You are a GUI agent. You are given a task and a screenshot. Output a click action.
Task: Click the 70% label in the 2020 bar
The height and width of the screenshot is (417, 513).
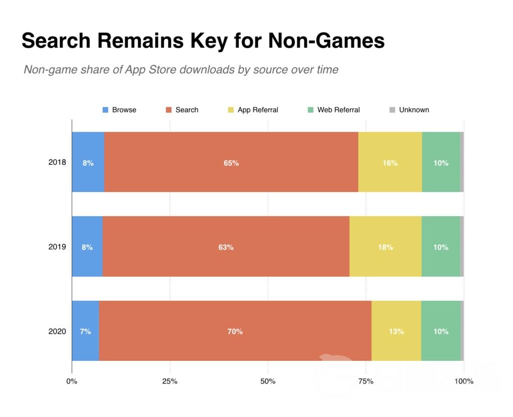pos(235,331)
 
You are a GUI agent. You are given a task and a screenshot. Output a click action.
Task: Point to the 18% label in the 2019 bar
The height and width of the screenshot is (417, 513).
pos(385,247)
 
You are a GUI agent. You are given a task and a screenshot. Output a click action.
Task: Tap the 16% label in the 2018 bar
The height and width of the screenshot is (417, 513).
pos(390,163)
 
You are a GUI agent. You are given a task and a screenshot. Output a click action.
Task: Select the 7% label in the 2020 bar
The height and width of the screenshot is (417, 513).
pos(85,331)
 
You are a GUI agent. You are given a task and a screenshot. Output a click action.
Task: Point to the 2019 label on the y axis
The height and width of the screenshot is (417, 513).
pos(57,247)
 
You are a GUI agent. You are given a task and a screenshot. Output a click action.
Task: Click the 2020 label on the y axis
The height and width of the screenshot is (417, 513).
pos(57,331)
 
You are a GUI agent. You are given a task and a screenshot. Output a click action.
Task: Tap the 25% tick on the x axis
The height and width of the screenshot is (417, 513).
pos(170,381)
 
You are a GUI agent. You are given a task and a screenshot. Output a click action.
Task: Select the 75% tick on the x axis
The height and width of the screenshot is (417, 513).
pos(366,381)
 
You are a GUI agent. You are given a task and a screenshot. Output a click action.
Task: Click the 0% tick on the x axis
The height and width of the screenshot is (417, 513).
pos(72,381)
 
